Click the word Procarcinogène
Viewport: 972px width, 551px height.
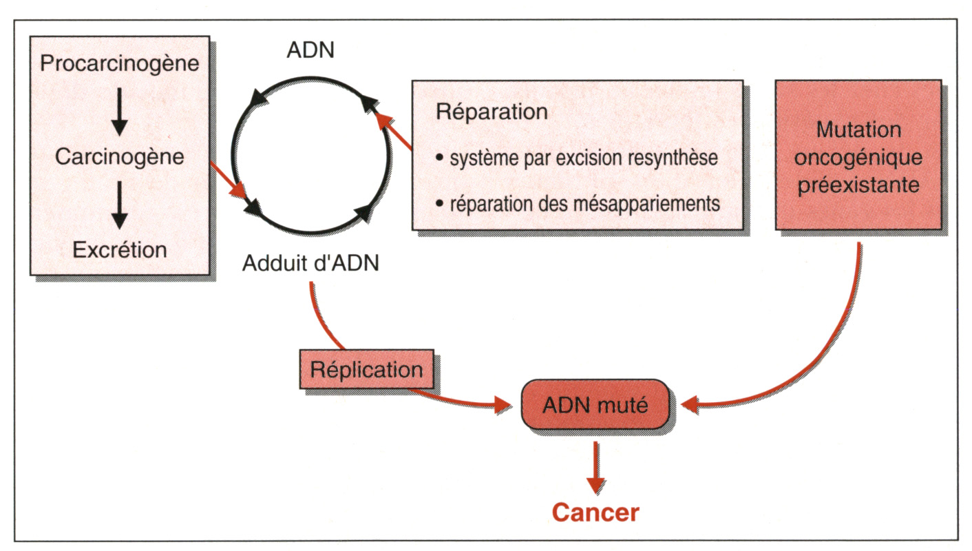pyautogui.click(x=119, y=64)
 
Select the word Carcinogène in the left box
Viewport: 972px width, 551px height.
pyautogui.click(x=119, y=157)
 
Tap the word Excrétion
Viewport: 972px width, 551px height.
pyautogui.click(x=119, y=249)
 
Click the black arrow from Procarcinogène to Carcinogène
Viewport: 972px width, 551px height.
pyautogui.click(x=119, y=112)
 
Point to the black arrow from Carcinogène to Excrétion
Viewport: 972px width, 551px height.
pyautogui.click(x=119, y=205)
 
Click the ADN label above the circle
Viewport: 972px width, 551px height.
pyautogui.click(x=310, y=50)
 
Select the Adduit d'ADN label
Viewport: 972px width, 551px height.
pyautogui.click(x=310, y=262)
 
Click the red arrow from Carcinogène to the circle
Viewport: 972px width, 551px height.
pyautogui.click(x=229, y=180)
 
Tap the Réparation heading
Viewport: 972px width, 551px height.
pyautogui.click(x=492, y=112)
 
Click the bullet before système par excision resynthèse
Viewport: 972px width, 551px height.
pyautogui.click(x=440, y=157)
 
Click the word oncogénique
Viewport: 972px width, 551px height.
pyautogui.click(x=858, y=157)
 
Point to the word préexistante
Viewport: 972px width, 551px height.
pyautogui.click(x=858, y=185)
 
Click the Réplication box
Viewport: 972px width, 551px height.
pyautogui.click(x=367, y=369)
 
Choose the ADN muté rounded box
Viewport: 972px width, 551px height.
pyautogui.click(x=595, y=405)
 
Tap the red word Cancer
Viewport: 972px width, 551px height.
pyautogui.click(x=595, y=512)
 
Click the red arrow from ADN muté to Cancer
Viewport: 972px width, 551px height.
pyautogui.click(x=595, y=467)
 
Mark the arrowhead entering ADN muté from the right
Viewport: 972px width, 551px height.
pyautogui.click(x=690, y=405)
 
